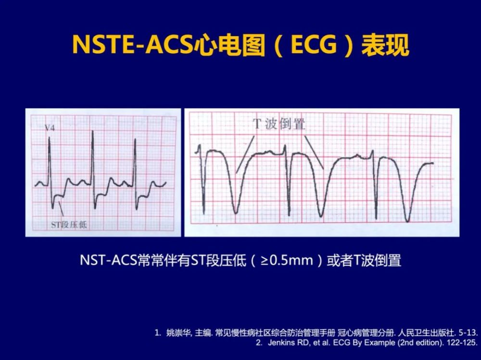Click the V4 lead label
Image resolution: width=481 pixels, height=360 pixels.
pos(50,127)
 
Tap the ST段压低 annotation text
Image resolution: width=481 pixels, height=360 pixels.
pos(69,225)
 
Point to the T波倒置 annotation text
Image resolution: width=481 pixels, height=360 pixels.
pos(279,124)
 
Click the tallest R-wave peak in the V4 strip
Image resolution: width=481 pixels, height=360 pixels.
pos(92,131)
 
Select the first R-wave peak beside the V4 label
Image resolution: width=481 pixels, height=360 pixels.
pos(49,137)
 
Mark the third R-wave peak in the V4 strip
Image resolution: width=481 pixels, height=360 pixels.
pos(135,139)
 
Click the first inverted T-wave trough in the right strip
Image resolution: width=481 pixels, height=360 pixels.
pos(236,212)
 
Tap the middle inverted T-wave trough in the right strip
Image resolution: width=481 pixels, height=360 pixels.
pos(320,216)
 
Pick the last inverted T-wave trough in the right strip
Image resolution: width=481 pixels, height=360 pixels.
pos(407,221)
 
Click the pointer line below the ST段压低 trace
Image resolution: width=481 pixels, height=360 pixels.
pos(61,209)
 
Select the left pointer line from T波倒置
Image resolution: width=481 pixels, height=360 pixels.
pos(245,155)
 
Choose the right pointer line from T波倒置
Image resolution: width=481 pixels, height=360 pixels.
pos(314,152)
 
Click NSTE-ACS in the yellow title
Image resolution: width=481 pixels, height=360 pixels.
pos(133,45)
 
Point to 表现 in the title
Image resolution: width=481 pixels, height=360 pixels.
pos(385,45)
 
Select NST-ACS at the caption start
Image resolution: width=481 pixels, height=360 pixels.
pos(108,261)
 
